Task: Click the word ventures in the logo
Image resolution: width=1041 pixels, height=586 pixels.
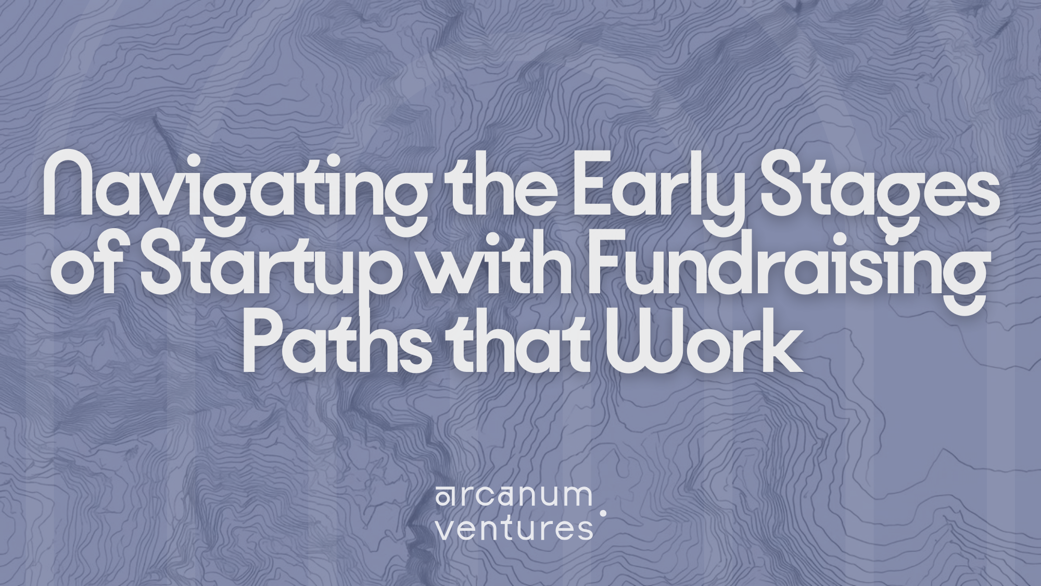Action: (514, 528)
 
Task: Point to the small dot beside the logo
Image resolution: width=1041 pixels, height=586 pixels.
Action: (603, 513)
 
